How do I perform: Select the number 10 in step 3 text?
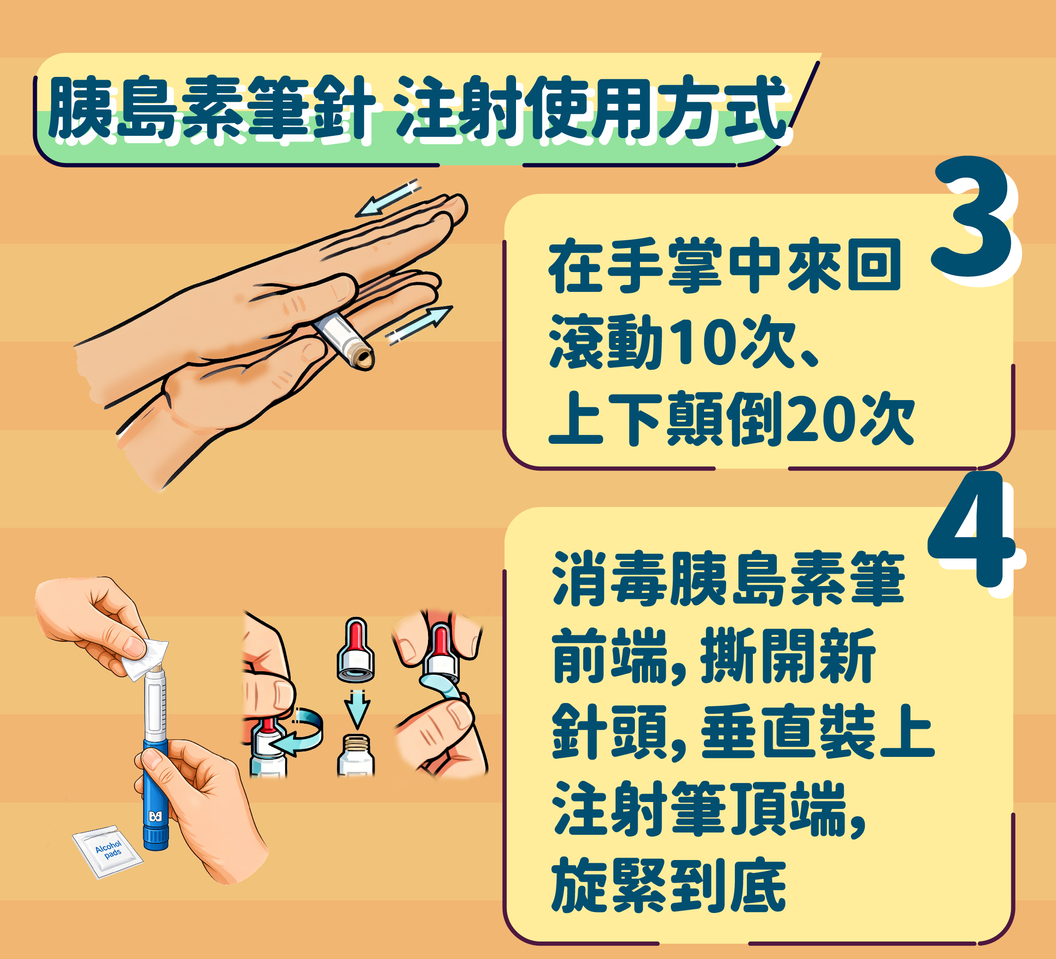click(707, 341)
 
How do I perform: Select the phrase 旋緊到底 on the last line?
click(669, 885)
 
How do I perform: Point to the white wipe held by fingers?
click(145, 658)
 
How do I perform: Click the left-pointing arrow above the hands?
click(388, 198)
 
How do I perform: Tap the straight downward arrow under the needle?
click(357, 709)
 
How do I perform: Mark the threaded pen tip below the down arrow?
click(356, 754)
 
